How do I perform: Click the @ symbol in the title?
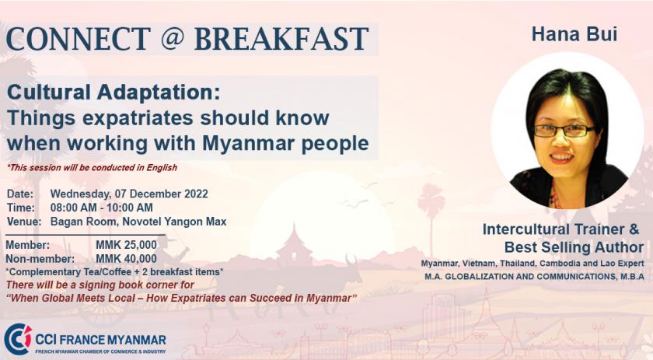pos(171,38)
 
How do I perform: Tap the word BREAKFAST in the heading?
pos(281,39)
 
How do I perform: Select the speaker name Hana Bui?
pos(574,34)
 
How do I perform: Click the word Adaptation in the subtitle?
pos(159,93)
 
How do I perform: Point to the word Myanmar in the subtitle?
pos(248,143)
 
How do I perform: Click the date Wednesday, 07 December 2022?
pos(129,194)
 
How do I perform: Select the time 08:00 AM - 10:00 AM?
pos(102,208)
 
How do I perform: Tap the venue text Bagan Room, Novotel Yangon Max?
pos(138,222)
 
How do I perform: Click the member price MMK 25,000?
pos(126,245)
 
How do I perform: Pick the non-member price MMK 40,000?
pos(126,259)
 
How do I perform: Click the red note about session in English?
pos(92,167)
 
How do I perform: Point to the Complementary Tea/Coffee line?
pos(114,272)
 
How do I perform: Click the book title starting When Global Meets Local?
pos(182,299)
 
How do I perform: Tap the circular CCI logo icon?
pos(17,340)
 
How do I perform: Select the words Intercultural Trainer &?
pos(560,229)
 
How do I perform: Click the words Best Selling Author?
pos(574,247)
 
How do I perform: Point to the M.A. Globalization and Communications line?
pos(534,277)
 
